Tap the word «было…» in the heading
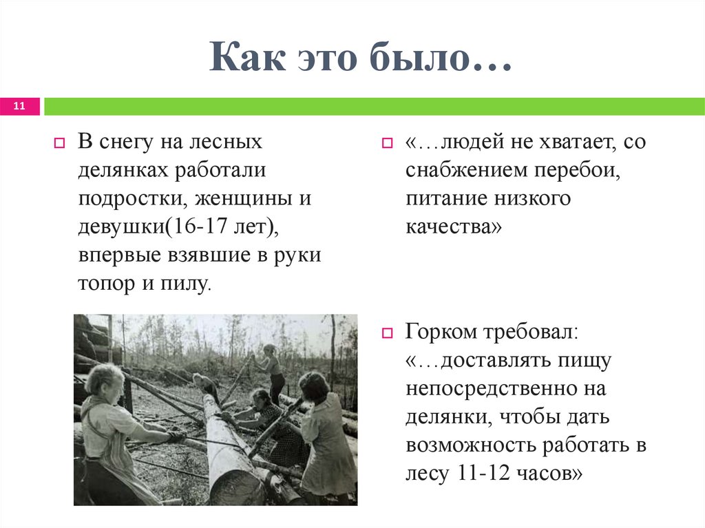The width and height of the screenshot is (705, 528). click(x=441, y=58)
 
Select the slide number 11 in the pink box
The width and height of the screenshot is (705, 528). click(x=19, y=106)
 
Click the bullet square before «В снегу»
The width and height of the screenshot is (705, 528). click(x=59, y=145)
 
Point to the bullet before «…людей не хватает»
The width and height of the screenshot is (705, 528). click(x=387, y=145)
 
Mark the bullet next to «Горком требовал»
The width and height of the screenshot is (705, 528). click(x=387, y=333)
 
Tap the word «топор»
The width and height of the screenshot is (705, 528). click(x=107, y=283)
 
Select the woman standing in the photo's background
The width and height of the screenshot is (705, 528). click(x=272, y=372)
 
